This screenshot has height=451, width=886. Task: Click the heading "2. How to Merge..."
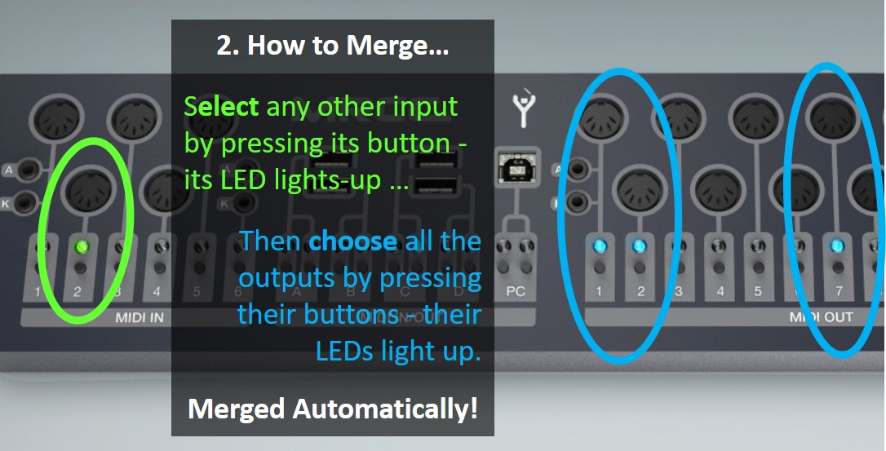tap(332, 46)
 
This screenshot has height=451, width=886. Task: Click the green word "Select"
tap(221, 106)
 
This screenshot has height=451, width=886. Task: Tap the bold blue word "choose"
tap(352, 241)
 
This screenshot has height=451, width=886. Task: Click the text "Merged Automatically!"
tap(332, 408)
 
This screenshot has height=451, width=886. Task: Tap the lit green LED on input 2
tap(80, 245)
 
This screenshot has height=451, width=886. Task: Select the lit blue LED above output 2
tap(639, 245)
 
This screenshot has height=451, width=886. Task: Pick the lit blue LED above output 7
tap(835, 245)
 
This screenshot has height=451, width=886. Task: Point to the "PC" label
tap(516, 291)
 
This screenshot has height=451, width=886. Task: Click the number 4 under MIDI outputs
tap(720, 291)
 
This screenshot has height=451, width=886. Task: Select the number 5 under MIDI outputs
tap(758, 291)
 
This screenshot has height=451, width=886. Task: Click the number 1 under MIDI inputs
tap(38, 291)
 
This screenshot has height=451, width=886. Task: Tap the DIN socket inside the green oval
tap(87, 192)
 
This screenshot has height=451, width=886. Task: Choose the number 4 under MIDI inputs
tap(157, 291)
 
